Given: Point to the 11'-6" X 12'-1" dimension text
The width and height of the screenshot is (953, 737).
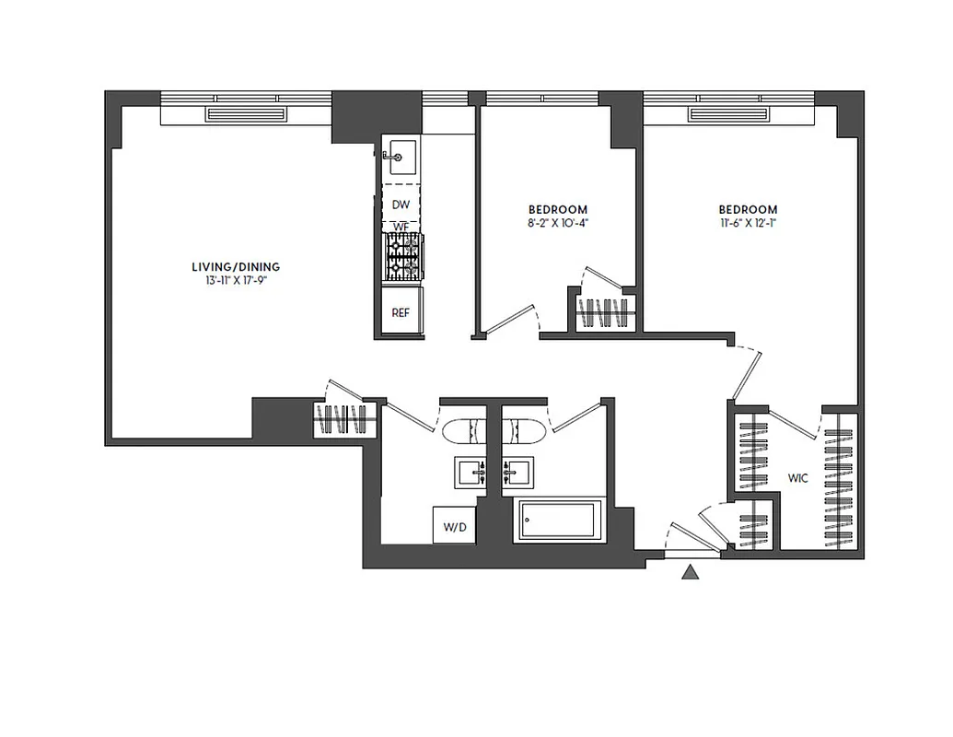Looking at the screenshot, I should tap(748, 223).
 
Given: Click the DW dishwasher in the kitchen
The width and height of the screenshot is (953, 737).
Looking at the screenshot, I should tap(401, 205).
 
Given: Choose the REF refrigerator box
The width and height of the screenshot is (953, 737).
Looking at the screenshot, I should tap(401, 312).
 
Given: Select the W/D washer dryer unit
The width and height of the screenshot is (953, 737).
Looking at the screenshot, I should tap(453, 527).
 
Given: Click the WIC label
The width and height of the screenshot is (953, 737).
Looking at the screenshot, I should tap(797, 479).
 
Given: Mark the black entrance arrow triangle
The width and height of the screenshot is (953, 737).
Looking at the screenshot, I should tap(691, 574).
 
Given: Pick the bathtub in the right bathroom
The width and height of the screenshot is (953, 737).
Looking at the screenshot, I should tap(559, 521).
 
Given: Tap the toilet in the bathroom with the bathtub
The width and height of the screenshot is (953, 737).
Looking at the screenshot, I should tap(522, 431).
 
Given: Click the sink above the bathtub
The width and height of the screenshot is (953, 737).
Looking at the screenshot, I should tap(519, 473).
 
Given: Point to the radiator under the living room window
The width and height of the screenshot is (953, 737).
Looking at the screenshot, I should tap(247, 114).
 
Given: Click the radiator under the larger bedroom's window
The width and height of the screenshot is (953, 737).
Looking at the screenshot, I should tap(728, 114).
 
